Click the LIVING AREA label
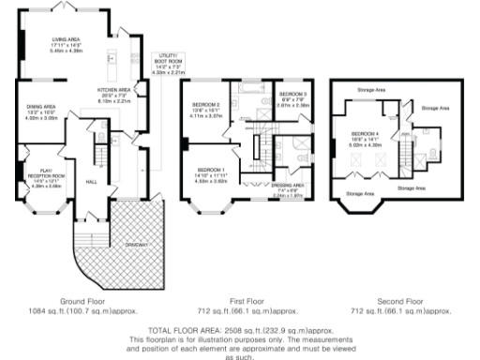click(65, 39)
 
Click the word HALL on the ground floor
click(92, 181)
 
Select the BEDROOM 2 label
click(205, 104)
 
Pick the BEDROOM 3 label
click(293, 96)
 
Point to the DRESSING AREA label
click(288, 187)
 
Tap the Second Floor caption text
click(399, 301)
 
